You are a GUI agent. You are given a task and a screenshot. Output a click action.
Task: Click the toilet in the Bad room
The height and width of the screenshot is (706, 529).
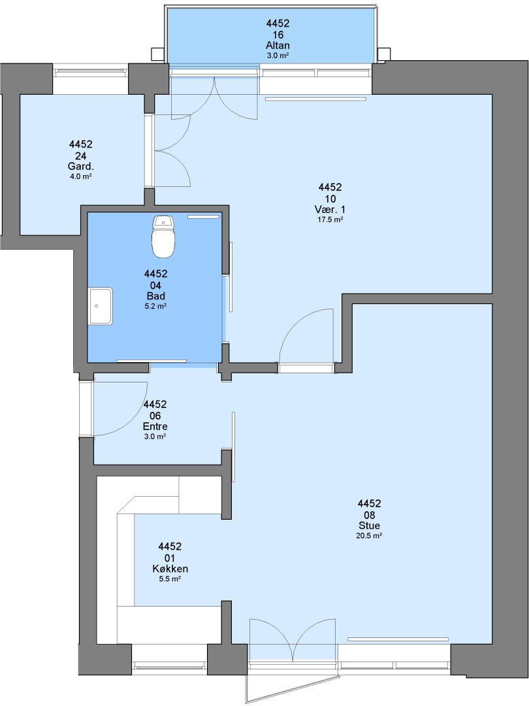click(x=163, y=237)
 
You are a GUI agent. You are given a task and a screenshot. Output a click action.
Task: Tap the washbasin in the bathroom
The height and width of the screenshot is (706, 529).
click(x=101, y=306)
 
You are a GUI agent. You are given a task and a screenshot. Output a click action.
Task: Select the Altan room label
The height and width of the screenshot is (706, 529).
click(x=278, y=46)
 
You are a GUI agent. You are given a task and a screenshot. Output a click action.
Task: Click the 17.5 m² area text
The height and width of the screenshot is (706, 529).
click(x=330, y=220)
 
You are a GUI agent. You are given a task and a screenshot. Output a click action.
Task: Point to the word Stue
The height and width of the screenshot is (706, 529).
click(x=369, y=526)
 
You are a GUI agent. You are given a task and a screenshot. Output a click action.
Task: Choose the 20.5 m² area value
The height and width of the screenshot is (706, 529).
click(x=369, y=536)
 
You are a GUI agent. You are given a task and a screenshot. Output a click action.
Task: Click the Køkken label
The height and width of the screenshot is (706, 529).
click(x=170, y=569)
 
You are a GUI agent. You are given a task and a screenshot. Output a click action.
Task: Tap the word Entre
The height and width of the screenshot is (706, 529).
click(x=155, y=426)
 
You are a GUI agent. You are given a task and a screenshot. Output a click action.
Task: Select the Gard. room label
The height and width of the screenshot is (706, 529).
click(x=81, y=167)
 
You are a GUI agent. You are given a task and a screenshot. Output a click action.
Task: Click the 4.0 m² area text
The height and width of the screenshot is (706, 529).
click(x=81, y=176)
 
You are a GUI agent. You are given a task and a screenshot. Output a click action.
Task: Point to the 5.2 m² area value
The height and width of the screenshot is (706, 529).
click(x=155, y=306)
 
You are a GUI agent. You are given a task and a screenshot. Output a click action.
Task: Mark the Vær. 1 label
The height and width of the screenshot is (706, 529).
click(x=330, y=209)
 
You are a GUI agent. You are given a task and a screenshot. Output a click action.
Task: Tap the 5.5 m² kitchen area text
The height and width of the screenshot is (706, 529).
click(x=170, y=579)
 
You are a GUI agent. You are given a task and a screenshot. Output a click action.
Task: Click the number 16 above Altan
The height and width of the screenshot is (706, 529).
click(x=278, y=35)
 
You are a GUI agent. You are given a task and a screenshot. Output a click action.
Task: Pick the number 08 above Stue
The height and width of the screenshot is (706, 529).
click(x=369, y=515)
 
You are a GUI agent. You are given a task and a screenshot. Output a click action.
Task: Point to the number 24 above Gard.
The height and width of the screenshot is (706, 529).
click(x=81, y=156)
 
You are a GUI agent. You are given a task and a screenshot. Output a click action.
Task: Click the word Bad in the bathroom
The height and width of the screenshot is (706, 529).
click(x=155, y=296)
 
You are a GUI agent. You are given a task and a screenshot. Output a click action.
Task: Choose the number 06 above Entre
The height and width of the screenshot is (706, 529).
click(x=155, y=416)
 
